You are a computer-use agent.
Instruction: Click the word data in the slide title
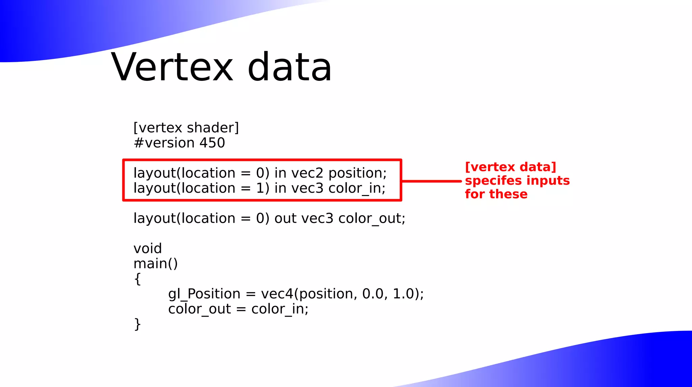290,67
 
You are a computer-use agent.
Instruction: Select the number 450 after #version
212,143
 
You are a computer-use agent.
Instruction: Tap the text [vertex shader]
186,128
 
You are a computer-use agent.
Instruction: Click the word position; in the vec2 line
357,173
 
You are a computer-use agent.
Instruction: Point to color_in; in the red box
357,188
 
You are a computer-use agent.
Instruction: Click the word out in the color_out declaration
286,219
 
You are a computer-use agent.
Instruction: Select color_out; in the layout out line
372,219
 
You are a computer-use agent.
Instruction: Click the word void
148,249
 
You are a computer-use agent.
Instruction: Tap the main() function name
155,264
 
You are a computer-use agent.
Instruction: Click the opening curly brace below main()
137,279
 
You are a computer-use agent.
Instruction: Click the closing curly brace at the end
137,324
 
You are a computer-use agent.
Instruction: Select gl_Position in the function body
204,294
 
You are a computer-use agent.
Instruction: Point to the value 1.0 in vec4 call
403,294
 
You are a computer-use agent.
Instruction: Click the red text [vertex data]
511,167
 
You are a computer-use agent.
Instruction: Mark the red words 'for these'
496,194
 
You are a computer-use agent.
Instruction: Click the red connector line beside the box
431,181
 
